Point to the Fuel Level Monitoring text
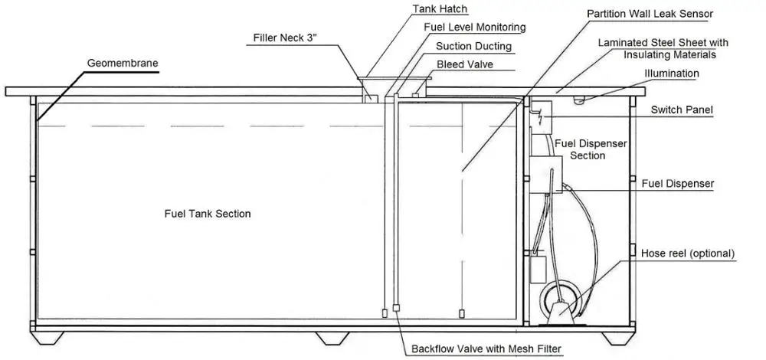pyautogui.click(x=475, y=28)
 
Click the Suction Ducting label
pyautogui.click(x=473, y=46)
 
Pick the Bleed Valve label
pyautogui.click(x=464, y=64)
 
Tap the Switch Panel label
pyautogui.click(x=682, y=110)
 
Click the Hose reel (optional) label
pyautogui.click(x=687, y=253)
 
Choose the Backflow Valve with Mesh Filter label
pyautogui.click(x=487, y=349)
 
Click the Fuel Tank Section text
pyautogui.click(x=208, y=214)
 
